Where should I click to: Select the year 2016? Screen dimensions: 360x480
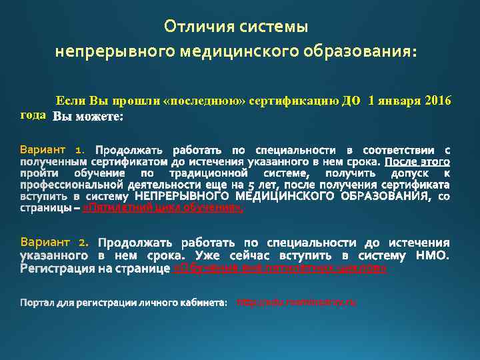[x=436, y=101]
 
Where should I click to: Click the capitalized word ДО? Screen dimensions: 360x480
[x=351, y=101]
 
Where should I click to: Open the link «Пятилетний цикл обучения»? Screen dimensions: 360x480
[x=163, y=209]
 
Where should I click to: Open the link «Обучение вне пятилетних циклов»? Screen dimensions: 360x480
[x=280, y=269]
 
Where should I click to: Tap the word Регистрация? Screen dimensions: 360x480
[x=54, y=269]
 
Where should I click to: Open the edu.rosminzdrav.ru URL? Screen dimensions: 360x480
[x=297, y=303]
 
